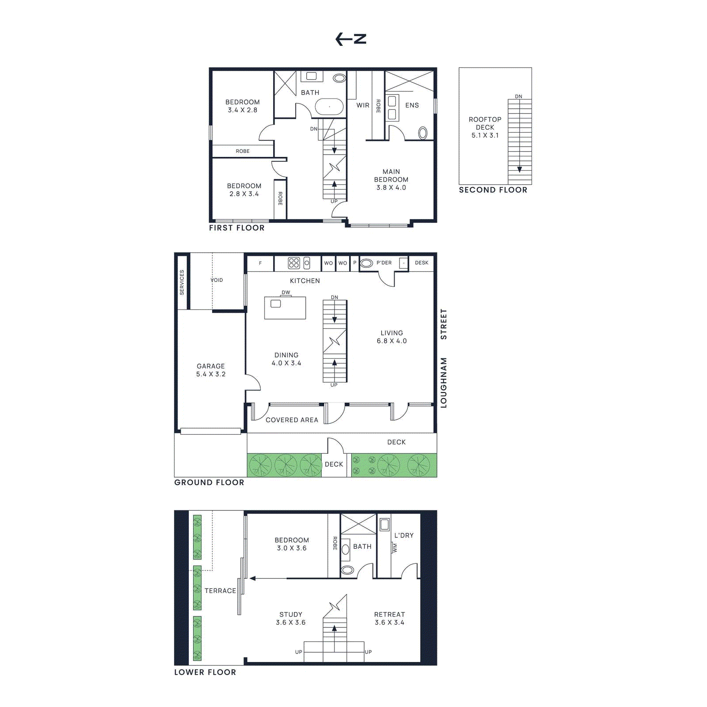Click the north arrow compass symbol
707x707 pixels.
pos(351,39)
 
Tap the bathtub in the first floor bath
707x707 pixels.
pos(329,106)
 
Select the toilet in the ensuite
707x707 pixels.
pos(422,133)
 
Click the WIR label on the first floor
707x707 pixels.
pos(363,105)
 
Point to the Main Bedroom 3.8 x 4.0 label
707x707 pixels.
pos(391,179)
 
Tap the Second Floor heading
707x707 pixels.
pos(493,190)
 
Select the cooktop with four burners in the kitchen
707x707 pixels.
pos(294,263)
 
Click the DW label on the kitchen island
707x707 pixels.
pos(286,293)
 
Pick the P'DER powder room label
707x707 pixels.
pos(384,262)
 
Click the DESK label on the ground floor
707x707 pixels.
pos(421,262)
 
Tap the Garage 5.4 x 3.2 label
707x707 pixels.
pos(211,370)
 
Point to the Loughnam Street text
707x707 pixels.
pos(444,358)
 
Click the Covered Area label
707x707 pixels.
pos(292,420)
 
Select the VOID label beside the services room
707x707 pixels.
pos(217,280)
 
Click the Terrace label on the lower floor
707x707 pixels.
pos(220,591)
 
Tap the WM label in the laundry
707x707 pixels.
pos(395,548)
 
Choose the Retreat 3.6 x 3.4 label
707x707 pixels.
pos(389,618)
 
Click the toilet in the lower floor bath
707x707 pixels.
pos(347,570)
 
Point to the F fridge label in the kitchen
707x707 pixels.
pos(260,263)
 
